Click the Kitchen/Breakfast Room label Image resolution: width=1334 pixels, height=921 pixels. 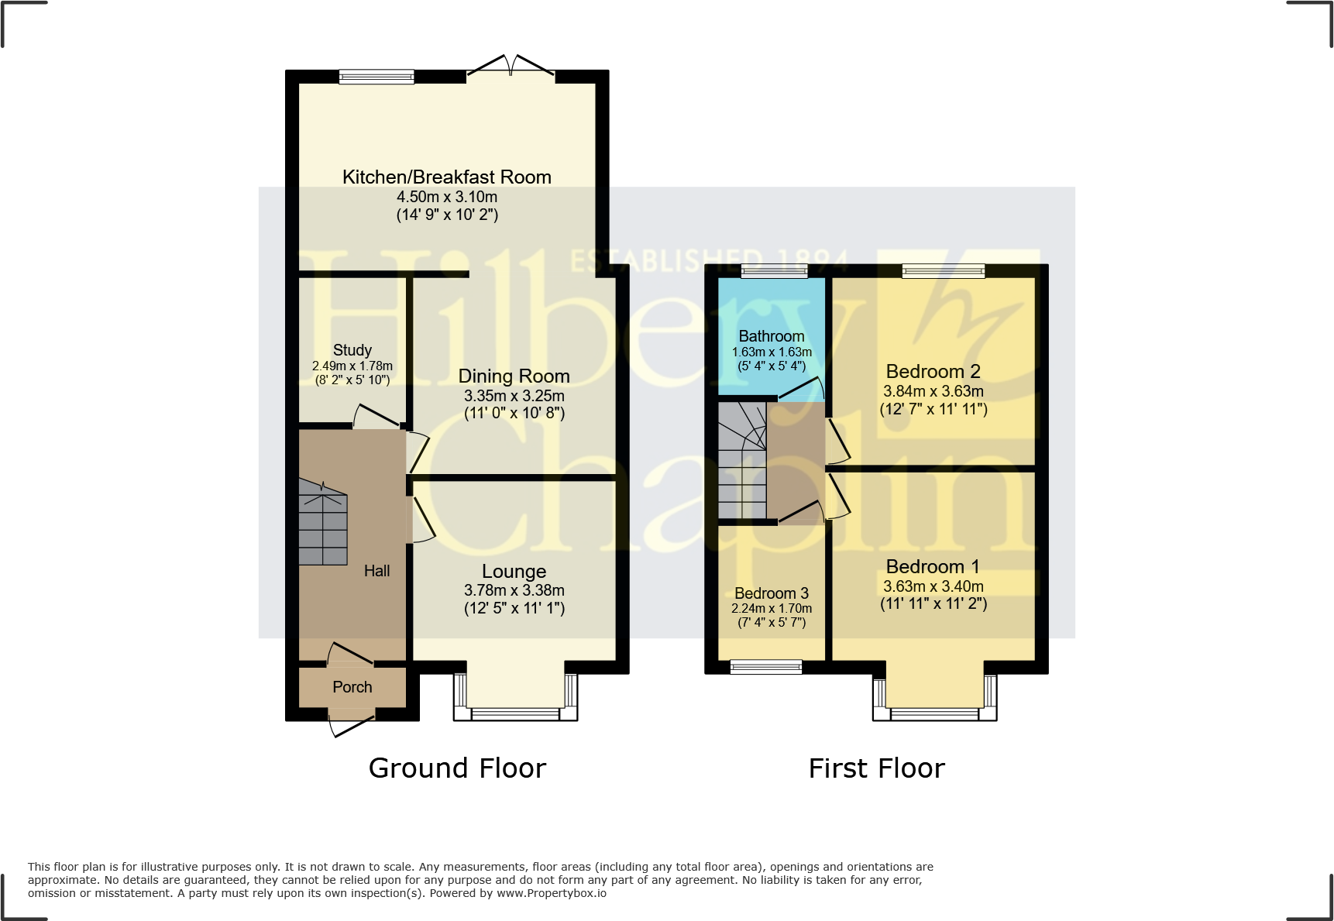pyautogui.click(x=447, y=177)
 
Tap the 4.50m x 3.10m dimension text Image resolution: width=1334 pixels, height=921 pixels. pyautogui.click(x=447, y=197)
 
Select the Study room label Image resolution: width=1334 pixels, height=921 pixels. pyautogui.click(x=352, y=350)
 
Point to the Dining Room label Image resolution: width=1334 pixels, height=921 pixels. pyautogui.click(x=514, y=376)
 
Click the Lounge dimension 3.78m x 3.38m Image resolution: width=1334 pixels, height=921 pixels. pyautogui.click(x=514, y=590)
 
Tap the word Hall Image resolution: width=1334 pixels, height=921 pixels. pyautogui.click(x=377, y=571)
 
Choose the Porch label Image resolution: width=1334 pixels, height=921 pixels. pyautogui.click(x=352, y=687)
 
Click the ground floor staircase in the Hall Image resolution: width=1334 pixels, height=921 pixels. pyautogui.click(x=323, y=523)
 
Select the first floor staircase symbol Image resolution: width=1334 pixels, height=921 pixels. pyautogui.click(x=741, y=461)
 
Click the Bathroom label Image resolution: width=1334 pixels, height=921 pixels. pyautogui.click(x=772, y=336)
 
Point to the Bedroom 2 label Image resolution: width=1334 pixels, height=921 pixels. pyautogui.click(x=933, y=372)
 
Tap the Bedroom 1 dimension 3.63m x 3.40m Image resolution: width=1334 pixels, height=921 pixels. pyautogui.click(x=933, y=586)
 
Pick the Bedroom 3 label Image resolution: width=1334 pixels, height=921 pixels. pyautogui.click(x=772, y=593)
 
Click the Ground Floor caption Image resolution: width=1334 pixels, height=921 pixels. pyautogui.click(x=457, y=768)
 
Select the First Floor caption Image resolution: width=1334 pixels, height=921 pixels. pyautogui.click(x=876, y=768)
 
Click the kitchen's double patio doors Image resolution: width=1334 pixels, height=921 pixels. pyautogui.click(x=511, y=68)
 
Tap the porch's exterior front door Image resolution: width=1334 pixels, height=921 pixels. pyautogui.click(x=351, y=724)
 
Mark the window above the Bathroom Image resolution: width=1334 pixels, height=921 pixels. pyautogui.click(x=774, y=271)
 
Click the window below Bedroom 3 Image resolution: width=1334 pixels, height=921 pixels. pyautogui.click(x=766, y=666)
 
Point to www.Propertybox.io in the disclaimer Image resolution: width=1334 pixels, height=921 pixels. pyautogui.click(x=552, y=893)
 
